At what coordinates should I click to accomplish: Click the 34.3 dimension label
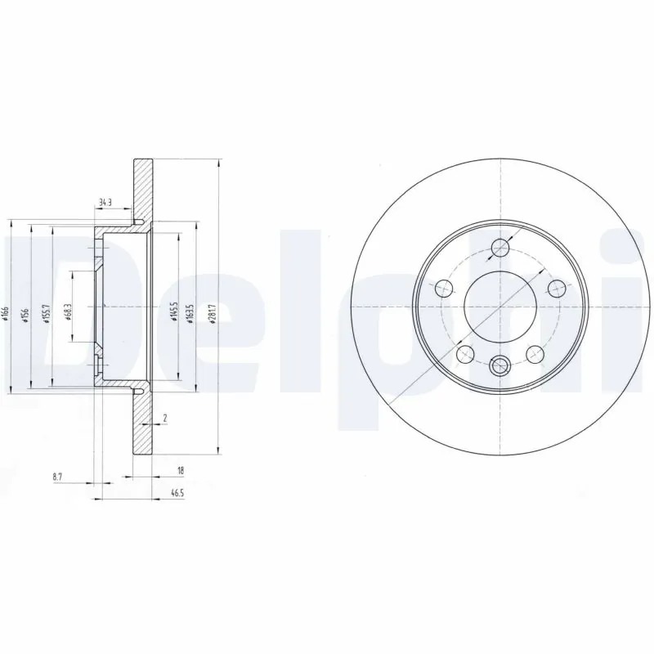coord(104,202)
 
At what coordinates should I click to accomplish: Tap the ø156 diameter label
coord(26,315)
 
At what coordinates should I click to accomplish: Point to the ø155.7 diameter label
coord(47,315)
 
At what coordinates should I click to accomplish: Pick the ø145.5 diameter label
coord(173,311)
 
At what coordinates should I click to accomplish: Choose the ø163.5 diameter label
coord(191,313)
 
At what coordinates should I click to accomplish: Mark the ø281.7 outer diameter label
coord(213,313)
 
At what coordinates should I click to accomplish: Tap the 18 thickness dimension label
coord(179,470)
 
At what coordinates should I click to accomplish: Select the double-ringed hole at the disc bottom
coord(499,365)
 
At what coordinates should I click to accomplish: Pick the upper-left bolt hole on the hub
coord(444,288)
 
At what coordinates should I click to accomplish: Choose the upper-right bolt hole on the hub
coord(557,287)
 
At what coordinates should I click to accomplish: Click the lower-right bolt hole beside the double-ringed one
coord(535,352)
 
